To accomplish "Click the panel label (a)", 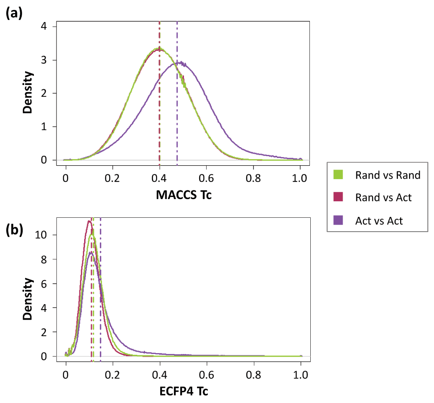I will tap(14, 14).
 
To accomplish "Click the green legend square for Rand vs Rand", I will tap(339, 175).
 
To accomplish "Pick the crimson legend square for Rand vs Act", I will tap(339, 198).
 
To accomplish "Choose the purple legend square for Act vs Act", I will tap(339, 221).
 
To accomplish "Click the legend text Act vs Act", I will tap(379, 221).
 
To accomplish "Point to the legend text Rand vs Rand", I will tap(388, 175).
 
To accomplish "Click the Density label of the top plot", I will tap(28, 93).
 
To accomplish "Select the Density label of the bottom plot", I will tap(28, 298).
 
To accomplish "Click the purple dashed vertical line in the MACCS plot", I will tap(177, 108).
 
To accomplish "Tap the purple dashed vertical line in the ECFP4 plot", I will tap(100, 304).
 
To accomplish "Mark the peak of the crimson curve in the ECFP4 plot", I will tap(89, 221).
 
